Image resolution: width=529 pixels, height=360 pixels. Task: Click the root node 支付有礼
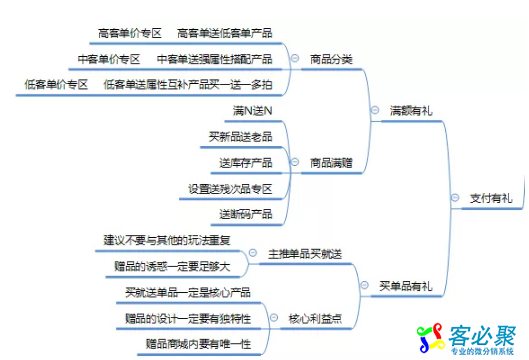point(490,198)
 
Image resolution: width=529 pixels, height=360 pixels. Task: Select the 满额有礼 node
point(411,110)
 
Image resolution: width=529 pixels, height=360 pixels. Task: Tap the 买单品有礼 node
point(406,287)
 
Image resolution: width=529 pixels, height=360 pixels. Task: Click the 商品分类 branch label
point(331,59)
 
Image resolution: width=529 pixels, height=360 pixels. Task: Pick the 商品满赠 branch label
point(331,160)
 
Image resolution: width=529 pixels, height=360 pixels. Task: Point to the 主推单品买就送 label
point(305,253)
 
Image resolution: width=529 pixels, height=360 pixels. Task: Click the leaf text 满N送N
point(253,109)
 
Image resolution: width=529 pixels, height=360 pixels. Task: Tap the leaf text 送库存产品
point(245,161)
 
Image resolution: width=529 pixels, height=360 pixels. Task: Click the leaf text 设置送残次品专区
point(230,188)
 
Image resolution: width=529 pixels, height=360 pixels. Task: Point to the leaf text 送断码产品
point(245,214)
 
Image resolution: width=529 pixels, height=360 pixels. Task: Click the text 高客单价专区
point(132,33)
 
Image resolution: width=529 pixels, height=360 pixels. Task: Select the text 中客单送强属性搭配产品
point(214,59)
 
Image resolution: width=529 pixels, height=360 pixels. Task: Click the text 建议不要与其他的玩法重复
point(166,240)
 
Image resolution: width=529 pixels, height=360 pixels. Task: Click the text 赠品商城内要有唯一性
point(196,344)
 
